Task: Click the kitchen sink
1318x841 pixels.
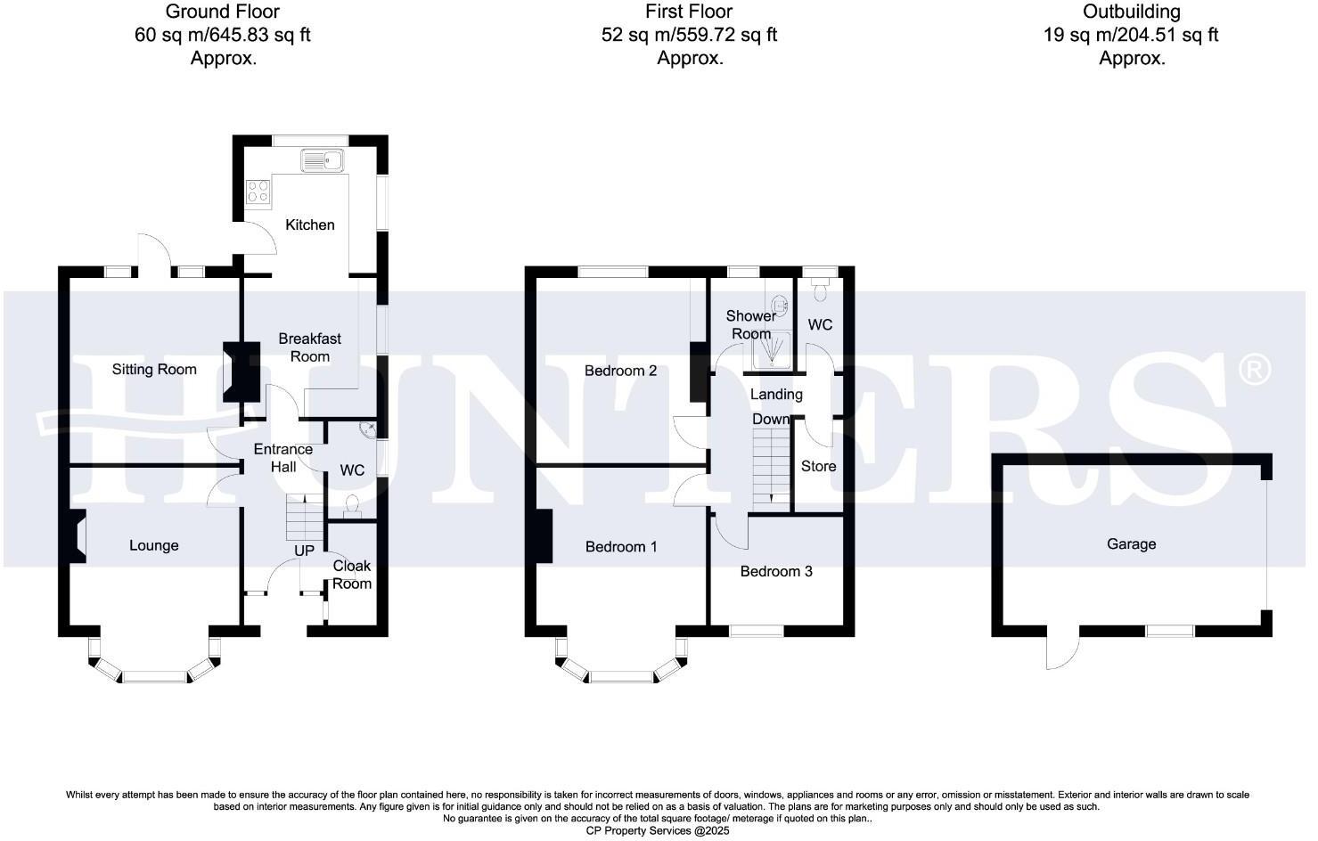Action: [323, 161]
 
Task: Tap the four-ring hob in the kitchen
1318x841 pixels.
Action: [258, 191]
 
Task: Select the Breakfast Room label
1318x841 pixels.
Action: [309, 347]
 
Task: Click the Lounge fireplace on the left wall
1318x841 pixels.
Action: [76, 536]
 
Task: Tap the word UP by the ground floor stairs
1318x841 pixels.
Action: [304, 551]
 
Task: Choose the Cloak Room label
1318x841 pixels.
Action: [352, 575]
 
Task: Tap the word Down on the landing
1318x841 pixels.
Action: [770, 419]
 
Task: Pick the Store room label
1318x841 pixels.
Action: [818, 466]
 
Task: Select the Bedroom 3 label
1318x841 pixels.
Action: [776, 571]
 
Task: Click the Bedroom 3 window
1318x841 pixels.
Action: [757, 631]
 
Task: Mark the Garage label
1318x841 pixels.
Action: [1131, 543]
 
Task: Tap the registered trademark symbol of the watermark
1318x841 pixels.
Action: [1255, 368]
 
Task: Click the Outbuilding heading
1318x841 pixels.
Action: [1132, 12]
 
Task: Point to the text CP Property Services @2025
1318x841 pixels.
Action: [658, 830]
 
